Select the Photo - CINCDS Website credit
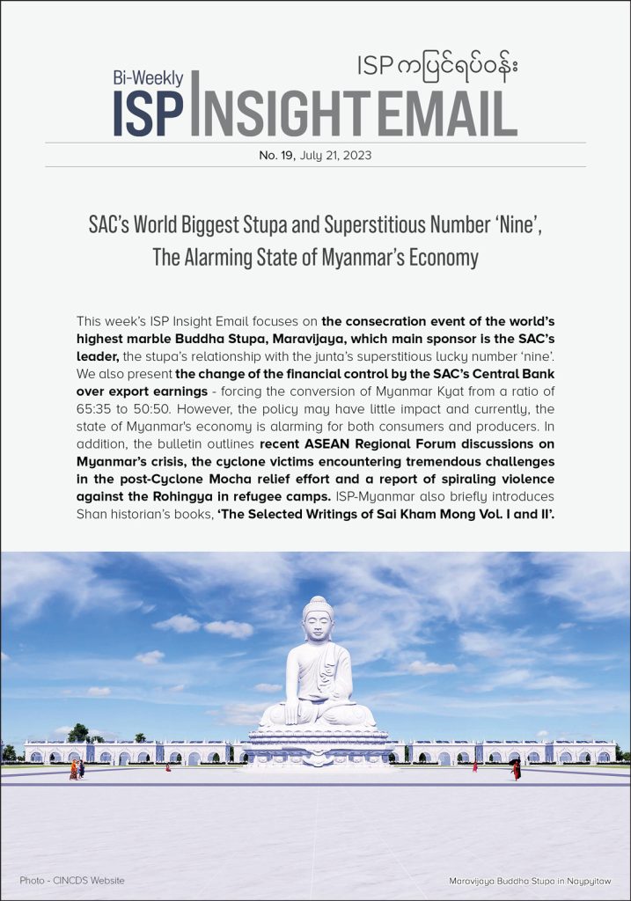click(x=72, y=880)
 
